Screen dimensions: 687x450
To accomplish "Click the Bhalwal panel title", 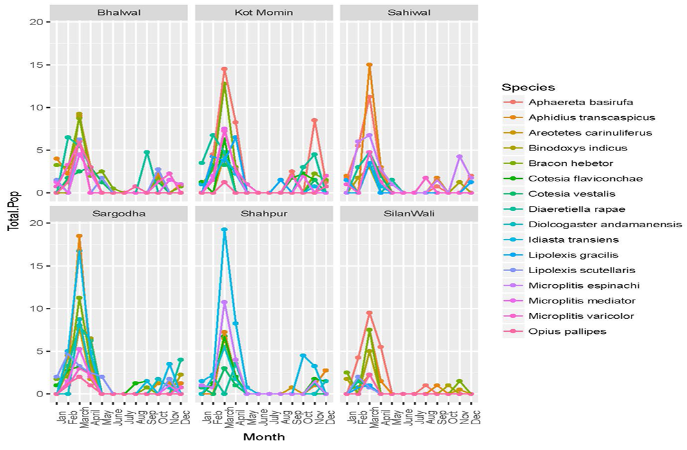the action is click(119, 12).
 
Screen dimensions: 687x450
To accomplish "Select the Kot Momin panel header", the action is click(264, 12).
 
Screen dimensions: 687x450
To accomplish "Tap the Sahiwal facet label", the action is click(409, 12).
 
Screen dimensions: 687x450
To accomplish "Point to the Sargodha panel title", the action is click(119, 214).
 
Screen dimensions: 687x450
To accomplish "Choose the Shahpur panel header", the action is click(264, 214).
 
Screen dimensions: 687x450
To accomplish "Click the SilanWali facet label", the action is click(409, 214).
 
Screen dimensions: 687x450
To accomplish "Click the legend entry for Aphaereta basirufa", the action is click(581, 102).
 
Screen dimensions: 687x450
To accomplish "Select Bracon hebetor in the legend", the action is click(570, 163).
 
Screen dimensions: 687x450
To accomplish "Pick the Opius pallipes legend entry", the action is click(567, 331).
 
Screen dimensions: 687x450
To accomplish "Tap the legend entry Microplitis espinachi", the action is click(584, 285).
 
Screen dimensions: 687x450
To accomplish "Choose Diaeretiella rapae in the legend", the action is click(577, 209).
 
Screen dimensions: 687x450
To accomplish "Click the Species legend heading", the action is click(528, 87).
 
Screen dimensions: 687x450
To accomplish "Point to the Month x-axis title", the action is click(264, 437).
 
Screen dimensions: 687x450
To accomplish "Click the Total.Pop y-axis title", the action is click(14, 211).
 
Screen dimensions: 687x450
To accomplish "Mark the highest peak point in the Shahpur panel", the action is click(224, 230).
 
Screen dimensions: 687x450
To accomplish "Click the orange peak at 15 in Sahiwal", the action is click(369, 65).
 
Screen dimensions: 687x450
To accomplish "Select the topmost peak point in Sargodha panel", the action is click(79, 236).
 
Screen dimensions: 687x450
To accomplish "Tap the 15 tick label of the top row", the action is click(39, 65).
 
